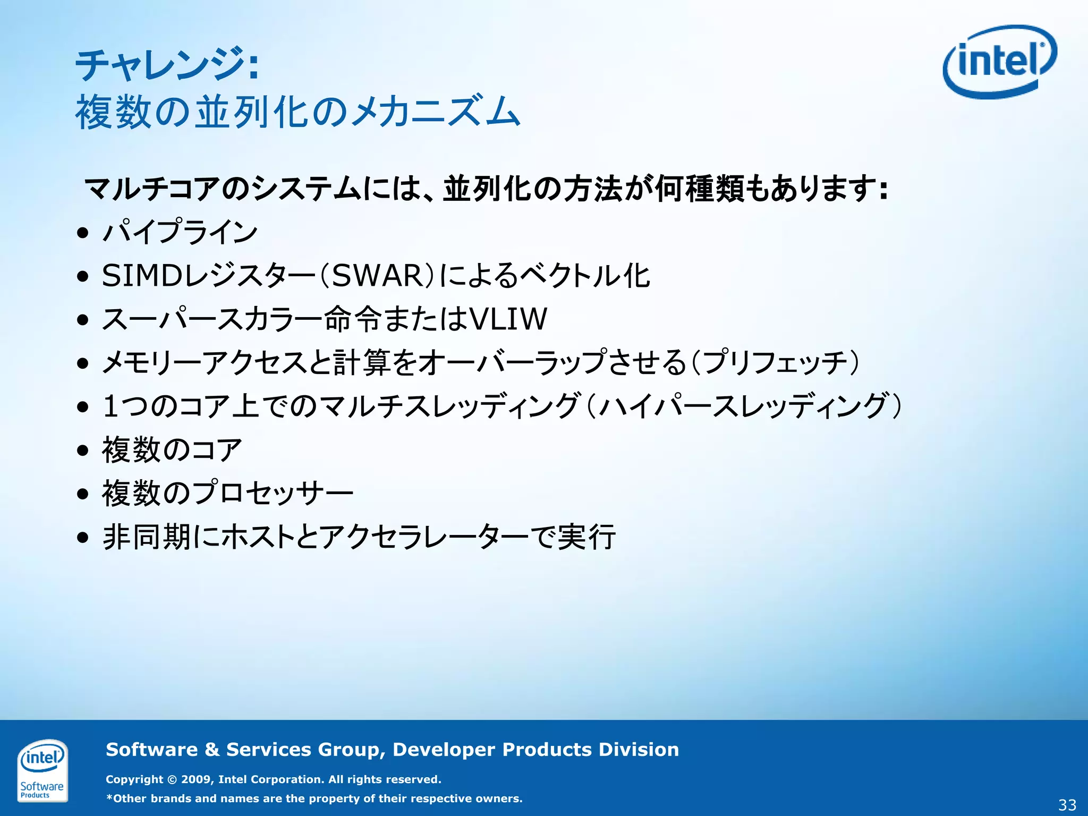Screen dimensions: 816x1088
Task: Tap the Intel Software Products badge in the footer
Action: (x=42, y=770)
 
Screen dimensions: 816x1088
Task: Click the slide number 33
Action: (x=1067, y=805)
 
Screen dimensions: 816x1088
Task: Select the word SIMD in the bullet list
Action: (x=142, y=276)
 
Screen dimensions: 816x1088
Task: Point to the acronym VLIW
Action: (x=508, y=319)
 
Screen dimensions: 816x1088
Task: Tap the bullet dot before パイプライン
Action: (x=82, y=233)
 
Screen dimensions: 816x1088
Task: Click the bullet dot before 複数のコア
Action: (x=82, y=450)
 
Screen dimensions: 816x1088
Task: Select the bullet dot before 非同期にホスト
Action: (x=82, y=537)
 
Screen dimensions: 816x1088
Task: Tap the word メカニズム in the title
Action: (x=436, y=112)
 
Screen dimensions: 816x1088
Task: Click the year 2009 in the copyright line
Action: (x=196, y=779)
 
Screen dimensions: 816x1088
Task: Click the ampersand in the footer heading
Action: (x=212, y=750)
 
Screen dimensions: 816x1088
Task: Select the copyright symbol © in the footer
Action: (x=172, y=780)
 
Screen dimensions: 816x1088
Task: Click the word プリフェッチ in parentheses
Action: (x=776, y=363)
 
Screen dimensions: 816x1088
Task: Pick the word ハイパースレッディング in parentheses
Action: (x=744, y=406)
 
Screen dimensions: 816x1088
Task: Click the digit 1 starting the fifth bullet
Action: (x=110, y=406)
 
